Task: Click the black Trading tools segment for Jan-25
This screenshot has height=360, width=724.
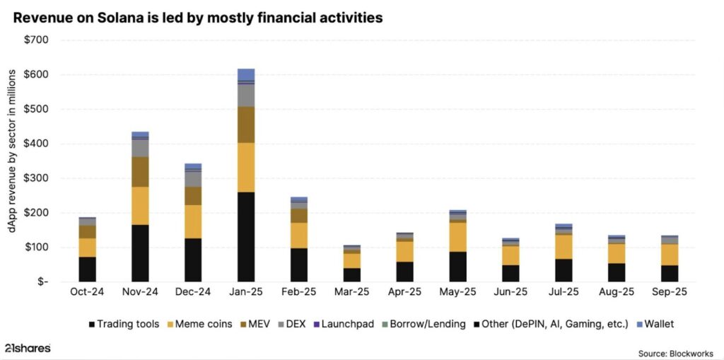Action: (246, 237)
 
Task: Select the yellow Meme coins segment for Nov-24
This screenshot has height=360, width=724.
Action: (140, 206)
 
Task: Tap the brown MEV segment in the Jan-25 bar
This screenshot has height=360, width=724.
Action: (246, 124)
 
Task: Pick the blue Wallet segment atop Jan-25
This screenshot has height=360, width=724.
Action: (246, 74)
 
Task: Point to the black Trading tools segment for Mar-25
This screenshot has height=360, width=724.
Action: (352, 274)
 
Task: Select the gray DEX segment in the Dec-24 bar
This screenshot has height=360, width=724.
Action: (193, 179)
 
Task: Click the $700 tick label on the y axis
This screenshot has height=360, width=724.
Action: (36, 40)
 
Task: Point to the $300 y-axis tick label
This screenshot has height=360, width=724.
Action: (36, 178)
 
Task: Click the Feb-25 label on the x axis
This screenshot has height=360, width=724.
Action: (299, 291)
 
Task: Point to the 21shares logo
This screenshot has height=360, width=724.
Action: (27, 348)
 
